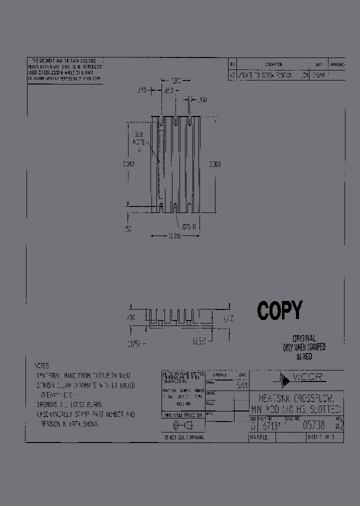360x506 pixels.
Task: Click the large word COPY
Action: [x=279, y=310]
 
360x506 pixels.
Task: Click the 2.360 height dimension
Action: [x=214, y=163]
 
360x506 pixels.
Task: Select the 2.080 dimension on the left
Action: [x=128, y=163]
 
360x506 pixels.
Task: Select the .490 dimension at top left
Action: [x=141, y=90]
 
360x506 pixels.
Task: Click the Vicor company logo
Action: [x=300, y=378]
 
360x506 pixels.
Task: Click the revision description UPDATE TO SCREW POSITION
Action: [x=264, y=75]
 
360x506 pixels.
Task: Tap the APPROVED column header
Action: [x=336, y=64]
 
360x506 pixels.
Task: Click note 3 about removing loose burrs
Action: [x=70, y=404]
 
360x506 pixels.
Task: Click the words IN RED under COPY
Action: [x=303, y=356]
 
